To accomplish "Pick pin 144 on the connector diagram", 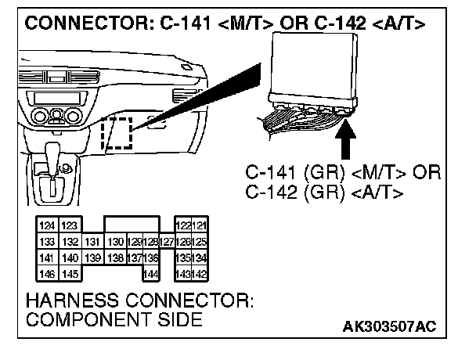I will pos(152,273).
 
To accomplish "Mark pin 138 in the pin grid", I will pos(115,257).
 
